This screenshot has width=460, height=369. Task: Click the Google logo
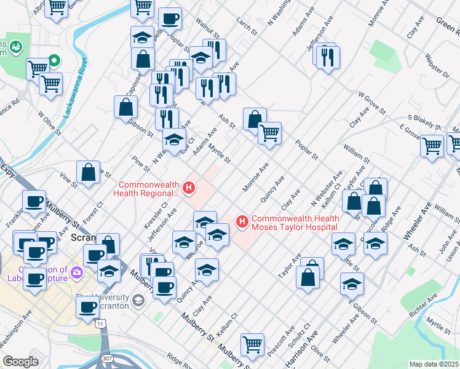(x=20, y=362)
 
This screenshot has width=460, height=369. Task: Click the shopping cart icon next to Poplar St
(x=269, y=132)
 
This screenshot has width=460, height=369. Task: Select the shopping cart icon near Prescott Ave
(x=252, y=344)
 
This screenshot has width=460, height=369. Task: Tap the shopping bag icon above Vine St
(x=89, y=172)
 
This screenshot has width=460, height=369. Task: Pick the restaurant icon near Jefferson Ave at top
(x=327, y=58)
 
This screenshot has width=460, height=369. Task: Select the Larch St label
(x=245, y=25)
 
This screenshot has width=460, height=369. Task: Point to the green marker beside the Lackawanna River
(x=54, y=61)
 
